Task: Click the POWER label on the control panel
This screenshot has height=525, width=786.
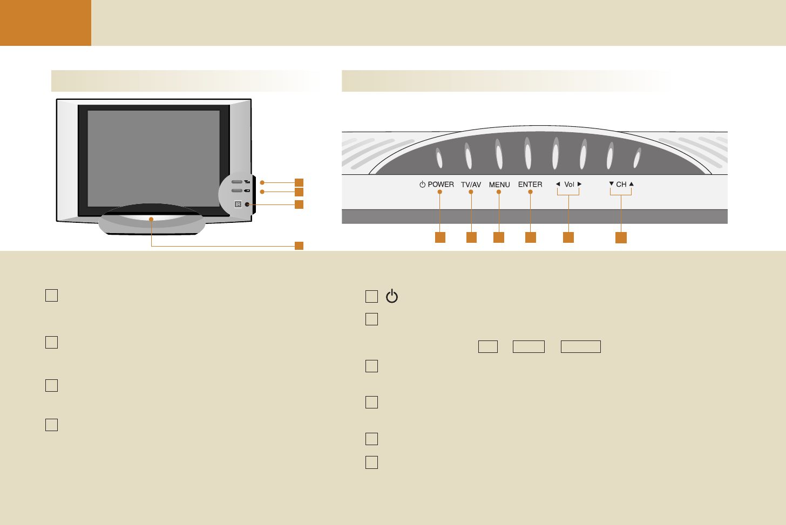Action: pyautogui.click(x=441, y=185)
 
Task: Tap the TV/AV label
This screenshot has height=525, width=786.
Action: pyautogui.click(x=471, y=185)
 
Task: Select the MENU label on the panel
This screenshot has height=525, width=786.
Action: pyautogui.click(x=499, y=185)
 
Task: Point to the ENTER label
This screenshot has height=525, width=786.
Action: pyautogui.click(x=530, y=185)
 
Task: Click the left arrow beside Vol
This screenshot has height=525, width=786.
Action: pyautogui.click(x=558, y=184)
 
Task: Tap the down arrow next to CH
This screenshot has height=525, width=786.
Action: pyautogui.click(x=611, y=184)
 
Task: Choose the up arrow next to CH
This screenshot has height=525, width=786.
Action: pyautogui.click(x=632, y=184)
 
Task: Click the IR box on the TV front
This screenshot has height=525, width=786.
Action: pyautogui.click(x=238, y=204)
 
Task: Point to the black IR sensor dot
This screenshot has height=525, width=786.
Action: pyautogui.click(x=247, y=204)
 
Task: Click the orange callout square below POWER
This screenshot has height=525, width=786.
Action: pyautogui.click(x=441, y=237)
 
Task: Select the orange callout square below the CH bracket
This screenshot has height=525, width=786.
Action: pyautogui.click(x=621, y=237)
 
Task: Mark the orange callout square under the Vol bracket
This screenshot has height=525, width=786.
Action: pyautogui.click(x=568, y=237)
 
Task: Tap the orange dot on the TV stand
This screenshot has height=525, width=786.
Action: pyautogui.click(x=152, y=219)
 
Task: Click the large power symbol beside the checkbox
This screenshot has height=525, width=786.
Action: pyautogui.click(x=392, y=297)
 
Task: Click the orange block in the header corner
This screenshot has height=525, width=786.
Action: pyautogui.click(x=45, y=23)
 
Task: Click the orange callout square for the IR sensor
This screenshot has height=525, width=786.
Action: pyautogui.click(x=299, y=204)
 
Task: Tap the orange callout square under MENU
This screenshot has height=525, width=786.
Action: pyautogui.click(x=499, y=237)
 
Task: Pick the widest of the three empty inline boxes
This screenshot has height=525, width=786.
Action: pyautogui.click(x=581, y=346)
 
